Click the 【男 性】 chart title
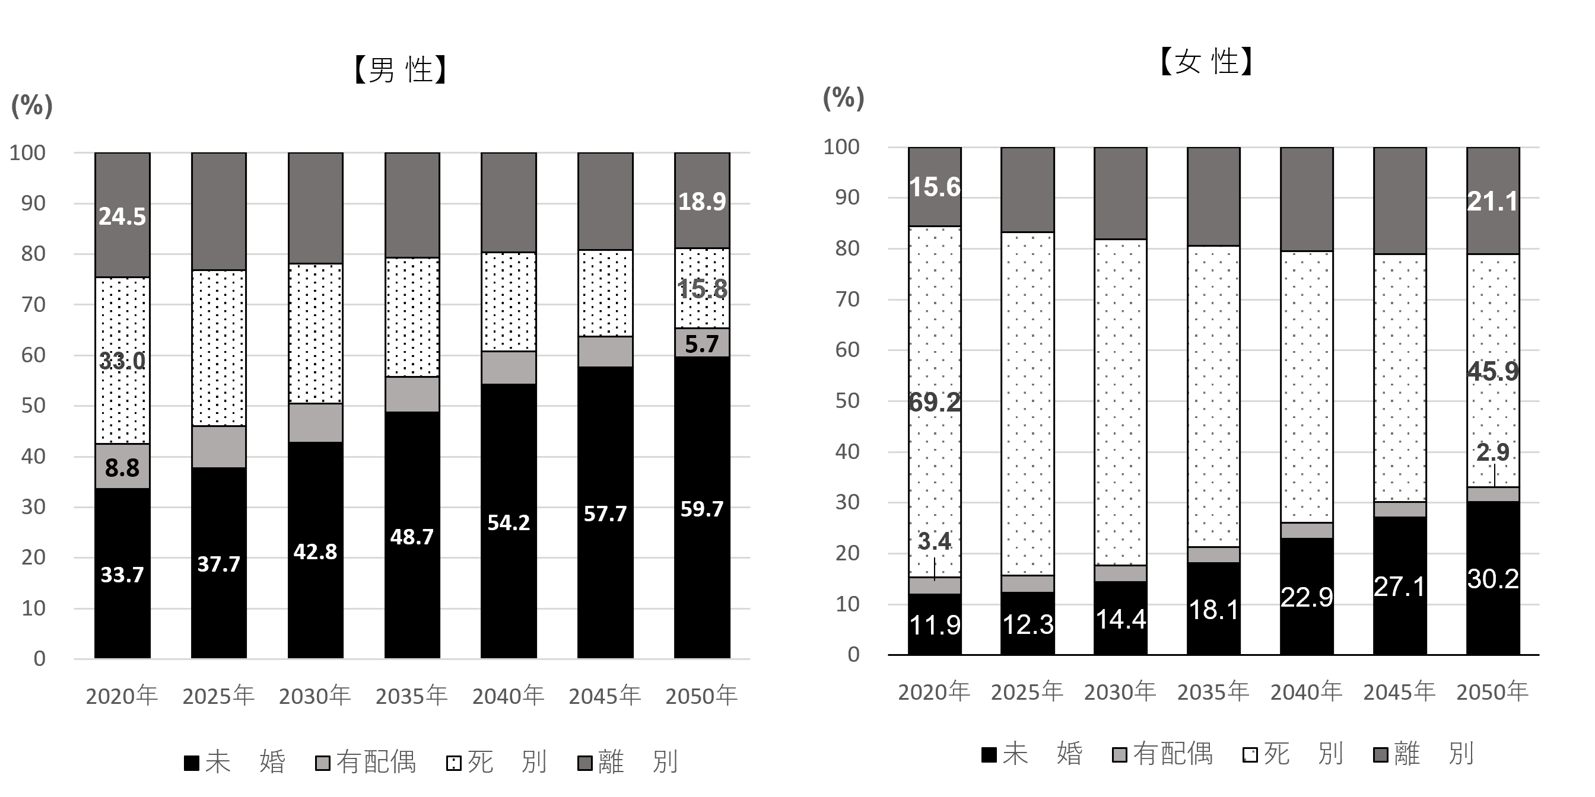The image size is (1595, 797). [x=400, y=69]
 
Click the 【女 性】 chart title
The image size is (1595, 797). [x=1206, y=62]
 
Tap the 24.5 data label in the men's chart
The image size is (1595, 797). [x=122, y=216]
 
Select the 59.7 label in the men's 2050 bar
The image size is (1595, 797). [x=701, y=509]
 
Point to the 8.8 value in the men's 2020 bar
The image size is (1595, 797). [x=122, y=468]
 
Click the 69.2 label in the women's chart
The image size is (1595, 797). [x=935, y=403]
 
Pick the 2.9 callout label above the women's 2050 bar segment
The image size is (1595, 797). [x=1493, y=452]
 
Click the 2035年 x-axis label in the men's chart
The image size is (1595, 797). [x=411, y=696]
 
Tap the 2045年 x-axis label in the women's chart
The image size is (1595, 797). [x=1399, y=692]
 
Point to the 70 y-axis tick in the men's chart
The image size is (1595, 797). [x=33, y=304]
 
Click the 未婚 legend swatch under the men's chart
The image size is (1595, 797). [x=191, y=763]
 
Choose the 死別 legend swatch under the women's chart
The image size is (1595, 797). [x=1250, y=755]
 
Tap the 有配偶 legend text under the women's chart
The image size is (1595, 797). [x=1173, y=754]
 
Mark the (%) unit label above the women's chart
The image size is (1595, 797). [x=843, y=98]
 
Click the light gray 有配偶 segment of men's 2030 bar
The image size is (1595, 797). [x=315, y=423]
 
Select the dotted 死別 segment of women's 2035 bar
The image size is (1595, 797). [x=1213, y=396]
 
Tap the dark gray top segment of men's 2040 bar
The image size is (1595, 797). [x=509, y=202]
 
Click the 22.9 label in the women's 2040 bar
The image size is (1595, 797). [x=1307, y=597]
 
